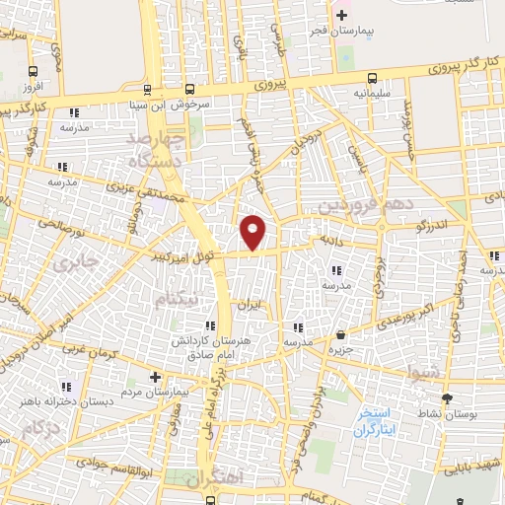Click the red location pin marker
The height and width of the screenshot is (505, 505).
pyautogui.click(x=253, y=231)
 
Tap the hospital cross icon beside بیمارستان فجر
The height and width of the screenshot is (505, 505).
pyautogui.click(x=343, y=16)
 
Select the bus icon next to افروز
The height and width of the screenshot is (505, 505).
pyautogui.click(x=35, y=72)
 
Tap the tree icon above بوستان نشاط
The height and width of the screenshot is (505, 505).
pyautogui.click(x=448, y=399)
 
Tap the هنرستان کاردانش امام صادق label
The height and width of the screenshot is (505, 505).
pyautogui.click(x=208, y=345)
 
